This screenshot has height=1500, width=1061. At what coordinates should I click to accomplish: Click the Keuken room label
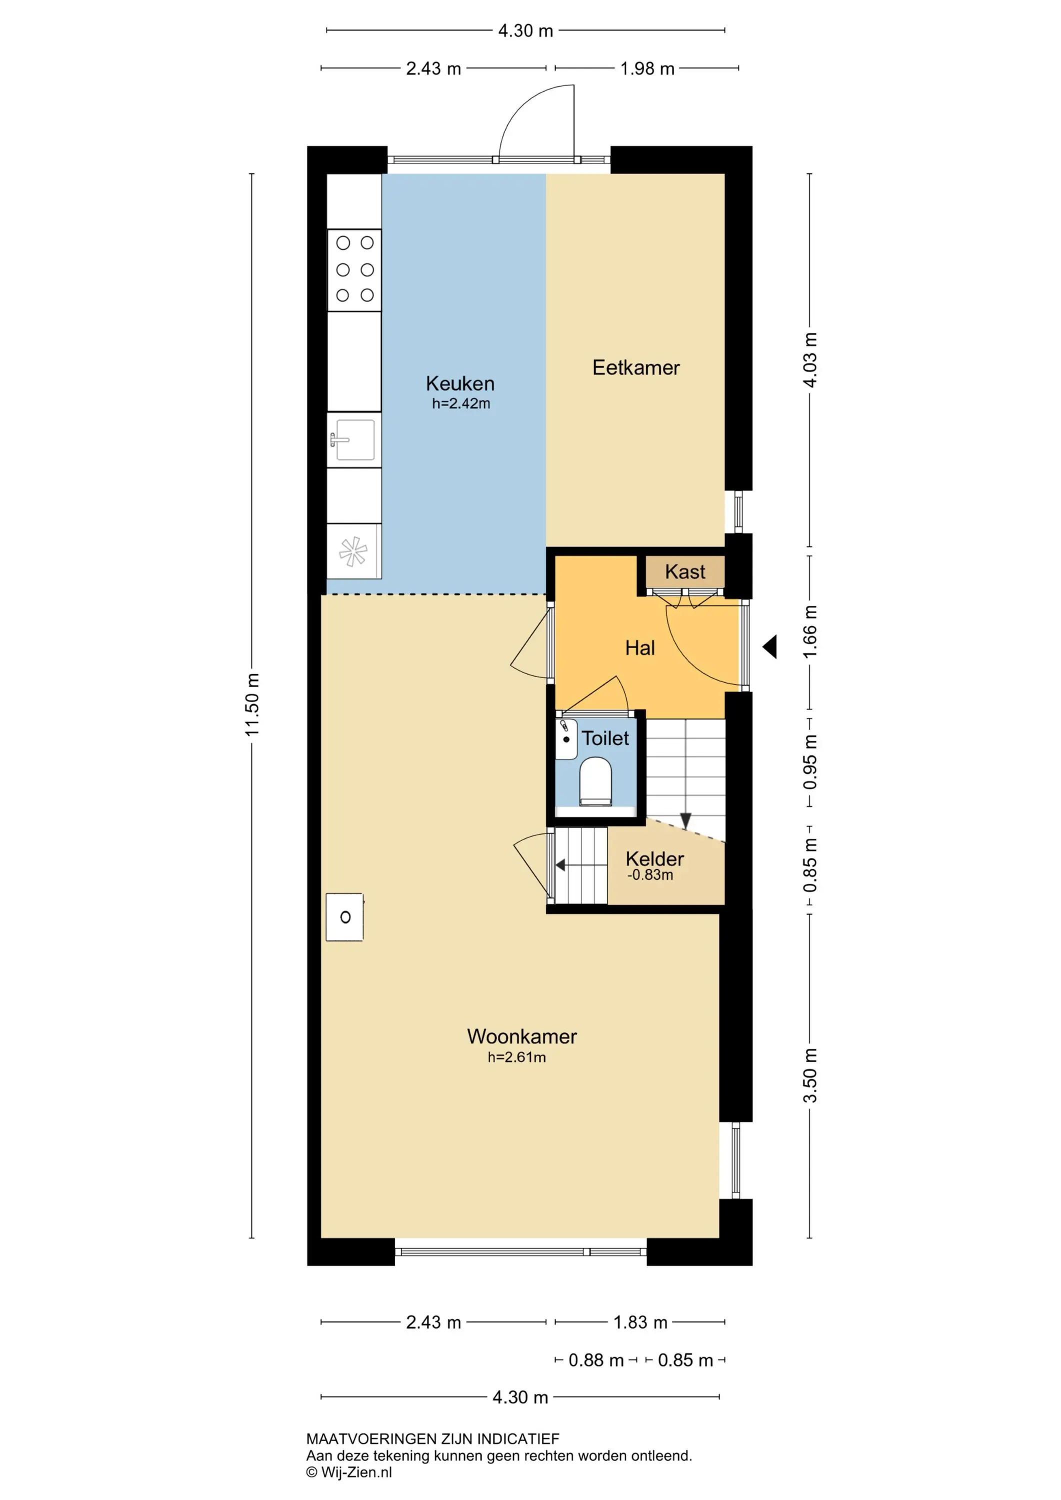pyautogui.click(x=460, y=383)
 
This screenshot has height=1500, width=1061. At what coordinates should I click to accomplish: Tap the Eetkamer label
pyautogui.click(x=635, y=368)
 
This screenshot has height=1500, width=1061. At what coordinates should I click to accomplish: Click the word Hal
pyautogui.click(x=639, y=648)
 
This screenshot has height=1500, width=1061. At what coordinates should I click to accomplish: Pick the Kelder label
pyautogui.click(x=654, y=858)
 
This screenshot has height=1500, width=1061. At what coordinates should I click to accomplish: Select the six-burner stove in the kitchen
pyautogui.click(x=354, y=270)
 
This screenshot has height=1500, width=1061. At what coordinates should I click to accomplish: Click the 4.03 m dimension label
pyautogui.click(x=810, y=360)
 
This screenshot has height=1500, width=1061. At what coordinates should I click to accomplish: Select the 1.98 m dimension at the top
pyautogui.click(x=647, y=68)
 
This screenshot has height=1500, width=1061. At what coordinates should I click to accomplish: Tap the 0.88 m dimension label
pyautogui.click(x=596, y=1360)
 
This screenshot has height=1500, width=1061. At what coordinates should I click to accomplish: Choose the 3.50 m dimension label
pyautogui.click(x=810, y=1075)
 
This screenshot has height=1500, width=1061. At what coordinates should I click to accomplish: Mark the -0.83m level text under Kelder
pyautogui.click(x=650, y=875)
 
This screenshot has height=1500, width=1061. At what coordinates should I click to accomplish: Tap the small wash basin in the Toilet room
pyautogui.click(x=566, y=739)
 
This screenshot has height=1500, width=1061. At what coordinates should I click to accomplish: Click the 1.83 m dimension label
pyautogui.click(x=640, y=1322)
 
